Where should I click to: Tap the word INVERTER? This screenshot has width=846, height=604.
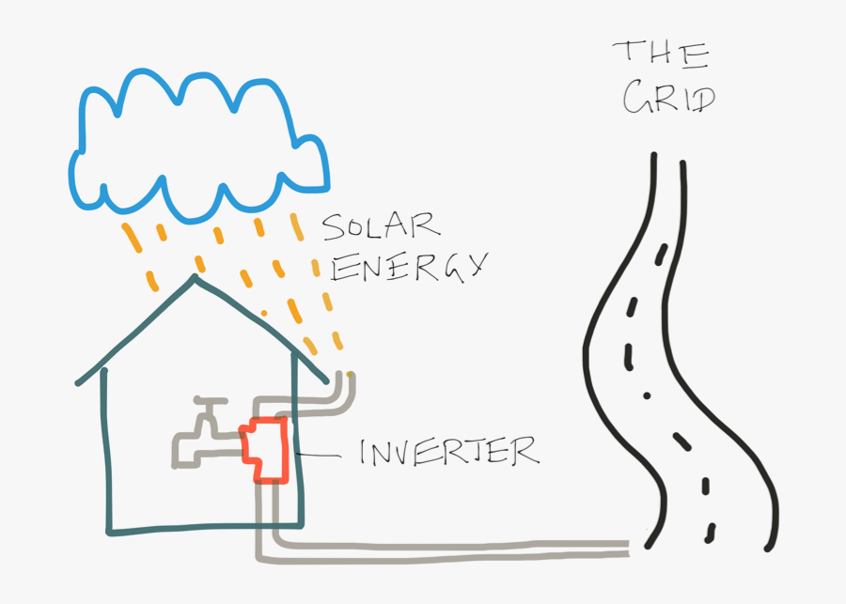pos(449,452)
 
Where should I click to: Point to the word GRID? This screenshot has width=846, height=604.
pos(668,97)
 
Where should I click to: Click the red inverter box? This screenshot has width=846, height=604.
pos(265,449)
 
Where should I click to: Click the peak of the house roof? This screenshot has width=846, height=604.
pos(195,278)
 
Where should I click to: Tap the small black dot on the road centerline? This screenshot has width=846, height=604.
pos(646,395)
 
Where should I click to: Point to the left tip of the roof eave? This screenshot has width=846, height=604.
pos(78,383)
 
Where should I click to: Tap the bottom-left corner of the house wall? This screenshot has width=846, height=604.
pos(109,533)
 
